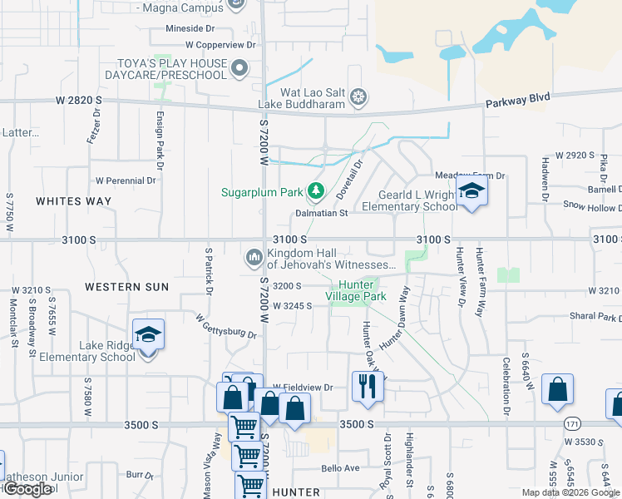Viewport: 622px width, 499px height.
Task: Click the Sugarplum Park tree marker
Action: (315, 192)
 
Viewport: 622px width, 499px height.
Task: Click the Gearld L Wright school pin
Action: (471, 193)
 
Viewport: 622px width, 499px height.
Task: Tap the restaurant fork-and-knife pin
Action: (368, 386)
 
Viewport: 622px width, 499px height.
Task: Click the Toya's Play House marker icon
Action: (240, 68)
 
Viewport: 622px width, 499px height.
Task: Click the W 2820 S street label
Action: (78, 100)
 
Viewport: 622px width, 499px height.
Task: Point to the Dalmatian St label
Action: (321, 213)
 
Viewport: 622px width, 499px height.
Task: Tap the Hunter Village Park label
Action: (356, 290)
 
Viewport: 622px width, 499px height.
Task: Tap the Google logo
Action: (27, 489)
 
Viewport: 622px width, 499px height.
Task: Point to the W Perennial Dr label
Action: (126, 180)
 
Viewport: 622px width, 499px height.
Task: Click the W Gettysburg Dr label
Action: (226, 328)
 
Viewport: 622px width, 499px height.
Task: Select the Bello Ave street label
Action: (340, 468)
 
